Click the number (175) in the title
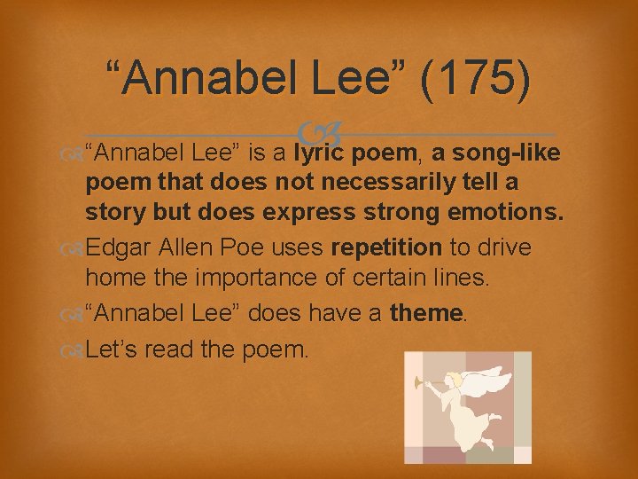pos(477,77)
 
